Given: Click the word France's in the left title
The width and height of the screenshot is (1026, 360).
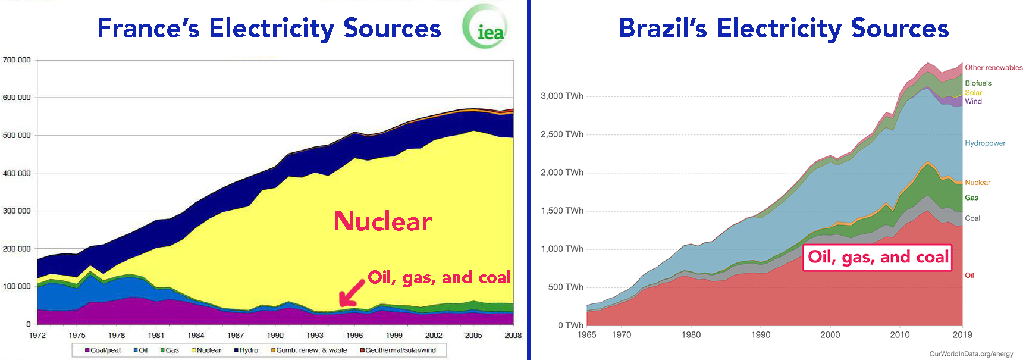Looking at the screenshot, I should tap(148, 29).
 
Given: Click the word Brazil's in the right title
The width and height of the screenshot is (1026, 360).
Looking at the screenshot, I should tap(663, 29).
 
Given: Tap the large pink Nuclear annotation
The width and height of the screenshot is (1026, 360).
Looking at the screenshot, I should tap(382, 221).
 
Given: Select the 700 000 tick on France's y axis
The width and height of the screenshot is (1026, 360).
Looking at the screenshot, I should tap(17, 60).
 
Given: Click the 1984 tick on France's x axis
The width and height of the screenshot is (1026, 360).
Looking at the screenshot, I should tap(196, 336).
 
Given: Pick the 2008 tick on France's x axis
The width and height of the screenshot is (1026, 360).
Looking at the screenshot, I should tap(513, 336).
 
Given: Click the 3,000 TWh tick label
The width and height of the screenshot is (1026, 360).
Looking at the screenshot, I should tap(561, 96).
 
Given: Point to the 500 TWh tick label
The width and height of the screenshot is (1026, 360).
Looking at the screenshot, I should tap(564, 287).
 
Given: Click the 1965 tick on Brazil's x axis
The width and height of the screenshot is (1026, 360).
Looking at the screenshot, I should tap(586, 335).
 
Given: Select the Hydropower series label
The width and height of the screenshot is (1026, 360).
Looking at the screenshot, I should tap(985, 143).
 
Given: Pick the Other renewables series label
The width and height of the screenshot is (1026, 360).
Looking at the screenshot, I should tap(993, 68).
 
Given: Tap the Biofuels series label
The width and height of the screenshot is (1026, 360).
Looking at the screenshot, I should tap(978, 83).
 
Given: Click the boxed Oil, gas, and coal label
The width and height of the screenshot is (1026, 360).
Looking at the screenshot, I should tap(877, 257).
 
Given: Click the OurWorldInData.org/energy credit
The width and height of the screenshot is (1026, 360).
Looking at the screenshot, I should tap(971, 354).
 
